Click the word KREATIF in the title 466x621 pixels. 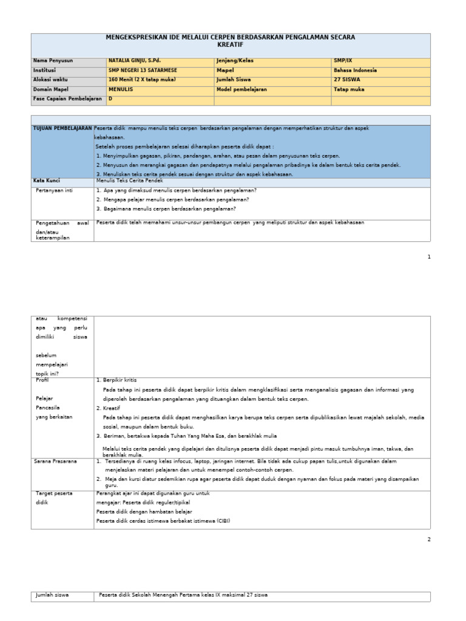[230, 45]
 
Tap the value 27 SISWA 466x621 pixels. [347, 79]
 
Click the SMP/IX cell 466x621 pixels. [342, 61]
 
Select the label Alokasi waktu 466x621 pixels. [52, 79]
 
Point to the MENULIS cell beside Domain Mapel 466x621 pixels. [121, 89]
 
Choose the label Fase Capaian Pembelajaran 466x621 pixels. [67, 98]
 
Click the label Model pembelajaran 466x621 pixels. [241, 89]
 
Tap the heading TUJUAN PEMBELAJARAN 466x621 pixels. [62, 129]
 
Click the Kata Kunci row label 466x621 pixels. [48, 181]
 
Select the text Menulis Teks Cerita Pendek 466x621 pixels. [130, 181]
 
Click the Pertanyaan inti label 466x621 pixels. [55, 190]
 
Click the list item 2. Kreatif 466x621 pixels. [109, 408]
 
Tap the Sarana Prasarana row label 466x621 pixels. [56, 462]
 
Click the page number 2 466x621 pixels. [428, 539]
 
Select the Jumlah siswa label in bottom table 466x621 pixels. [53, 595]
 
